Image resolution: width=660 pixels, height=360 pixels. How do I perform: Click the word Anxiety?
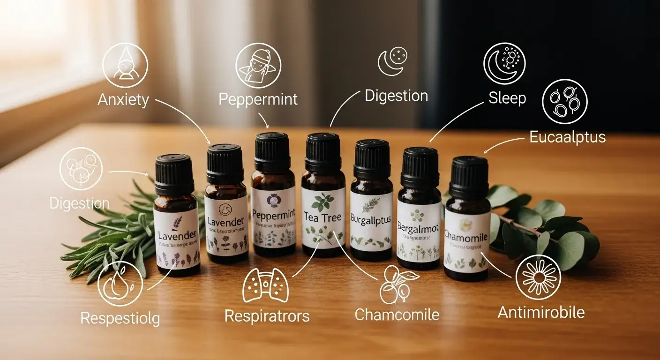coord(123,100)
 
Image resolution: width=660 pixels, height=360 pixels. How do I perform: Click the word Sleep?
coord(507,98)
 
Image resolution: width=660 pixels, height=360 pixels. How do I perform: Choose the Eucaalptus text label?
coord(567,137)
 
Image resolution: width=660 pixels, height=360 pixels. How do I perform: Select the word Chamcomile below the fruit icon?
coord(397,314)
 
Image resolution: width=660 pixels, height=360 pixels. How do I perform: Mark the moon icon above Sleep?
coord(504,64)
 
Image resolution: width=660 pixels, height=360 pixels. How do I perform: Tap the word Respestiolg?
coord(120,318)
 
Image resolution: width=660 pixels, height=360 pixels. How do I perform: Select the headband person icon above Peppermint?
coord(258,66)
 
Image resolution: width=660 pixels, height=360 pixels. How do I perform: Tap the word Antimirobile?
coord(541,312)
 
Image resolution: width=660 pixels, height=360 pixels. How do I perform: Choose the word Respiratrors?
coord(267,315)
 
